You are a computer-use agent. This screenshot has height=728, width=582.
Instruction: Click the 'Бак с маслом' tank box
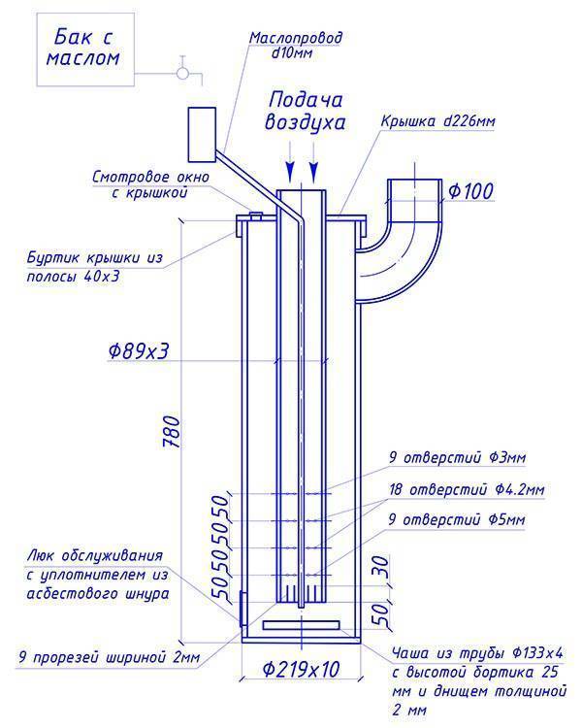(x=85, y=50)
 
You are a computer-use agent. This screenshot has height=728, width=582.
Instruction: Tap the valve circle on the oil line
(x=182, y=74)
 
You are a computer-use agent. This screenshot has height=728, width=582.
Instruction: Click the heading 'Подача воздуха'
(x=306, y=112)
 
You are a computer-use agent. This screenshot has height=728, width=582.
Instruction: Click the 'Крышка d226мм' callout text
(x=437, y=121)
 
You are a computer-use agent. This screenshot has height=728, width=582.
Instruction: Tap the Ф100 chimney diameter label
(x=470, y=191)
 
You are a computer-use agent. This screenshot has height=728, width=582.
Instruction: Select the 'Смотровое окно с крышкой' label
(x=151, y=184)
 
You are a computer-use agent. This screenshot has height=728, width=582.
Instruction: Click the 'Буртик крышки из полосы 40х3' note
(x=95, y=267)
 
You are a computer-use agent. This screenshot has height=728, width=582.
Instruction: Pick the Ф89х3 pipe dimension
(x=138, y=351)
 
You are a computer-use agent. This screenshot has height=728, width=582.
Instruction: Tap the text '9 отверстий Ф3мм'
(x=457, y=458)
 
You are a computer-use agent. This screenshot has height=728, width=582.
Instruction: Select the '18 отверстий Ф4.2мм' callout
(x=467, y=489)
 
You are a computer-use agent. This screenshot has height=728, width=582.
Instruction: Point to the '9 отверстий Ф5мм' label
(x=457, y=519)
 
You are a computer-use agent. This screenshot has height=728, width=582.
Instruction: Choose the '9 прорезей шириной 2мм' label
(x=110, y=657)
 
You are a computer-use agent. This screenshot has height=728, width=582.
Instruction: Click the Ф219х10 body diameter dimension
(x=301, y=669)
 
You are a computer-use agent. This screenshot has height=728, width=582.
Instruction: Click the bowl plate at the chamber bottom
(x=302, y=625)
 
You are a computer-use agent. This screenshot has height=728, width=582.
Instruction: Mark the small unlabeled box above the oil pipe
(x=202, y=134)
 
